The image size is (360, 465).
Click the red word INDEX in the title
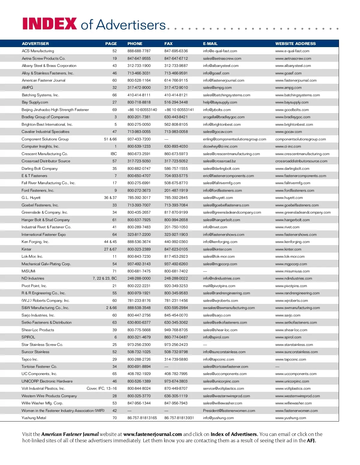49,24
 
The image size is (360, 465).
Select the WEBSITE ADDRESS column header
295,43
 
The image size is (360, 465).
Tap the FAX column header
168,43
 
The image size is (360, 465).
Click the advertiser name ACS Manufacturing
38,51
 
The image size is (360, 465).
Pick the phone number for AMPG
139,88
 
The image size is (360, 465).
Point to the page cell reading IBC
113,154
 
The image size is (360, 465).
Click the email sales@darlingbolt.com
221,169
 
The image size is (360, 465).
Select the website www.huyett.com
289,198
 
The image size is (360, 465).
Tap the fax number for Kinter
176,249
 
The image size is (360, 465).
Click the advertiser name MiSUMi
28,271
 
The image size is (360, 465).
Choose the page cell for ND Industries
105,278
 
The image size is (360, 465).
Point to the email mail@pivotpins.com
219,286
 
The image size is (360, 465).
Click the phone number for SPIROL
139,337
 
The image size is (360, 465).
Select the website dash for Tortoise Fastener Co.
277,367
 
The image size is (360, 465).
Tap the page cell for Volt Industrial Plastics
102,388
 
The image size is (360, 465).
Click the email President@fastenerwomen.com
229,411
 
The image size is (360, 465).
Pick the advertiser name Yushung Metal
34,418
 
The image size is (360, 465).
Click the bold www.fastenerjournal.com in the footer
152,434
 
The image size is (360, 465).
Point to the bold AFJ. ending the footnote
311,441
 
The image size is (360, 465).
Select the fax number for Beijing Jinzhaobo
179,110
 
